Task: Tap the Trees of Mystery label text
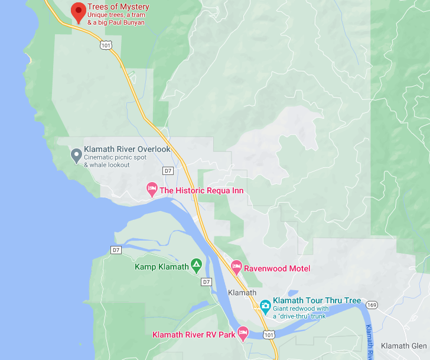coord(118,7)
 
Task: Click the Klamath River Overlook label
coord(127,149)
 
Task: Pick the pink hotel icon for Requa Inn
coord(152,190)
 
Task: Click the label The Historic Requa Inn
coord(201,190)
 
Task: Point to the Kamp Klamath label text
coord(162,267)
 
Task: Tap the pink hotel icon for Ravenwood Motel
coord(237,268)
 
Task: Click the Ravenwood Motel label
coord(278,268)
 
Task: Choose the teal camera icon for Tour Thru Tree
coord(265,306)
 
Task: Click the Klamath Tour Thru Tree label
coord(317,300)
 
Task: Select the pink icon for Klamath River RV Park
coord(242,333)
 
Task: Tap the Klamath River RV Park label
coord(194,335)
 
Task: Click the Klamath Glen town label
coord(404,346)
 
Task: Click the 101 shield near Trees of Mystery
coord(105,44)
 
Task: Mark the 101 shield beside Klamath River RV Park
coord(268,335)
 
